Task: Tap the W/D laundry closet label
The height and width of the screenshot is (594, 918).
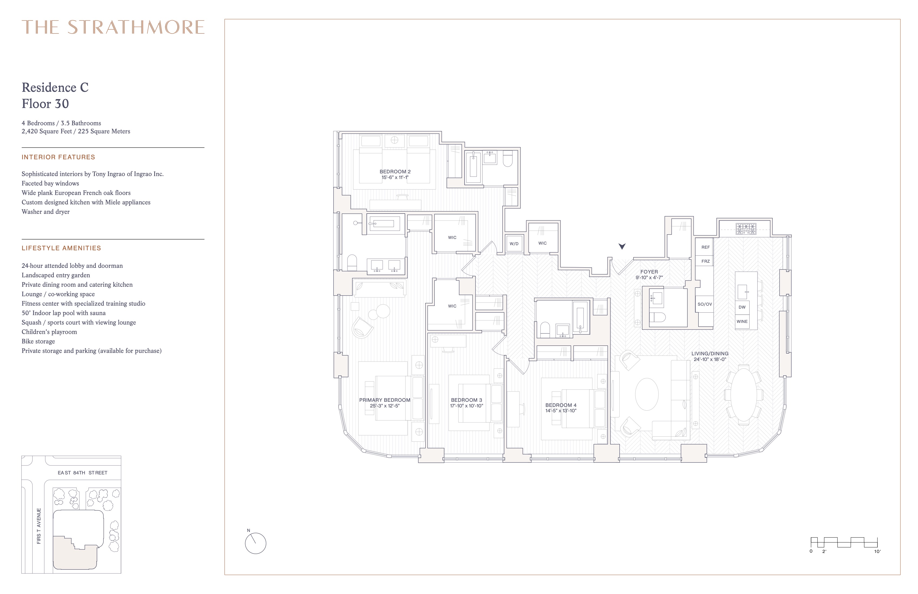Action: pyautogui.click(x=514, y=244)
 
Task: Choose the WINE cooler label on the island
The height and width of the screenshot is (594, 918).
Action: pyautogui.click(x=742, y=321)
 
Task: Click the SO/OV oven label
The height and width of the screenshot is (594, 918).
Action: pyautogui.click(x=705, y=304)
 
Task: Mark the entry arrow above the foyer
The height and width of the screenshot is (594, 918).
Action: pyautogui.click(x=622, y=246)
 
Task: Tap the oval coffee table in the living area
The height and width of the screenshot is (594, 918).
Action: pyautogui.click(x=647, y=394)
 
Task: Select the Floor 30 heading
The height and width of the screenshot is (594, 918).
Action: pyautogui.click(x=45, y=103)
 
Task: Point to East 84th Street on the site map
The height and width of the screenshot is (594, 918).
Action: pyautogui.click(x=83, y=473)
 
